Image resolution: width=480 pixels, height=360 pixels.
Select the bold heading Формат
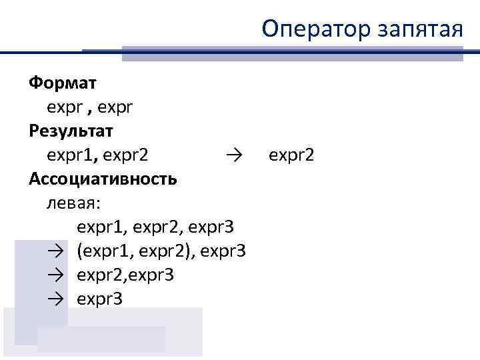(62, 83)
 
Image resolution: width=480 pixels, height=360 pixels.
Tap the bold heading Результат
(71, 130)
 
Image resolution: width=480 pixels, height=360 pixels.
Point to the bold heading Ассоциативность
(103, 178)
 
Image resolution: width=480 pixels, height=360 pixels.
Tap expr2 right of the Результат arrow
(291, 155)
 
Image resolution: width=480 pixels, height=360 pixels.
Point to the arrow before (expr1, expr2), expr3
(55, 251)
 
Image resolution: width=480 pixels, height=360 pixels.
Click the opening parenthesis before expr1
(80, 251)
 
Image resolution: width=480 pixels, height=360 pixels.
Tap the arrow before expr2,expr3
(55, 275)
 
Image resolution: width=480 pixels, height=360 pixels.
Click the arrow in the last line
(55, 299)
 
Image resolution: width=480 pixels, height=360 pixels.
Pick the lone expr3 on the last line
(99, 299)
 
